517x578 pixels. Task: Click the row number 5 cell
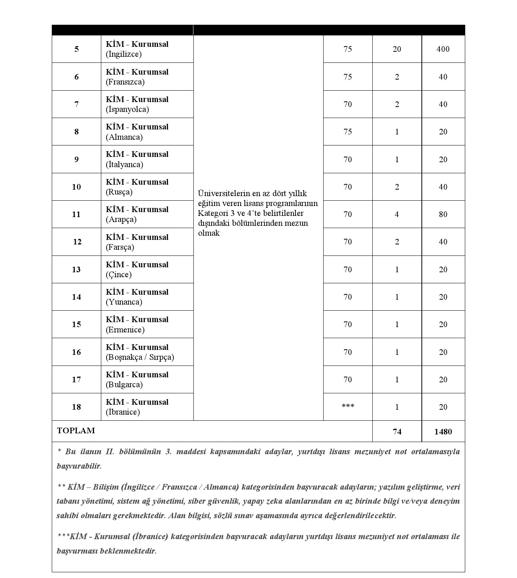tap(77, 49)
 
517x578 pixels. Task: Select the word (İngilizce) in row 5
tap(124, 54)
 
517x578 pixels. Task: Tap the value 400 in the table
tap(443, 49)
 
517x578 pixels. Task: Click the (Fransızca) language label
tap(125, 82)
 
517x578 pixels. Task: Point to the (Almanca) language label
tap(124, 137)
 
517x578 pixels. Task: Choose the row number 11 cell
tap(77, 214)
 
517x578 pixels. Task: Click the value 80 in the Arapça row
tap(443, 214)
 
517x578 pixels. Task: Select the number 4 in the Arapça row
tap(397, 214)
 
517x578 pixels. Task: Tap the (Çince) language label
tap(119, 275)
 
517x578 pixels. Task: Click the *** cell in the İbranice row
tap(348, 407)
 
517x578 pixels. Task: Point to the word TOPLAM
tap(76, 431)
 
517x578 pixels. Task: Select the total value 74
tap(397, 431)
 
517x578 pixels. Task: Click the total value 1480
tap(443, 431)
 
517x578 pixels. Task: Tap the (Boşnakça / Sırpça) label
tap(140, 357)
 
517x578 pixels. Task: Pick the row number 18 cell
tap(77, 407)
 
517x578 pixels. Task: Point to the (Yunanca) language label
tap(124, 302)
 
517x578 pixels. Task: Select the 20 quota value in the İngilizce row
tap(397, 49)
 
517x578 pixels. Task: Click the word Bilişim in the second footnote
tap(105, 487)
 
